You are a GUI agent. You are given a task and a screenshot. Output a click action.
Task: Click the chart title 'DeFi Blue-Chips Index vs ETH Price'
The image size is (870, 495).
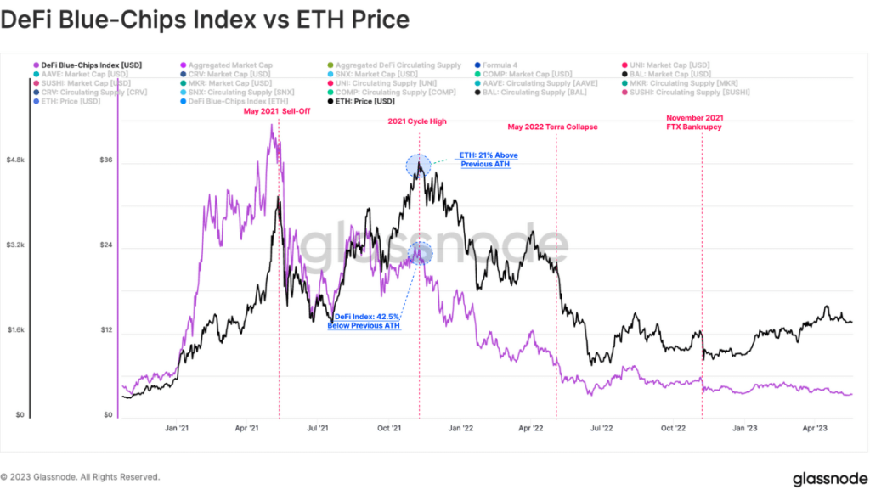[x=205, y=20]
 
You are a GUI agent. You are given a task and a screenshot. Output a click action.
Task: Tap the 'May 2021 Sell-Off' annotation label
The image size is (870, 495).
[x=280, y=111]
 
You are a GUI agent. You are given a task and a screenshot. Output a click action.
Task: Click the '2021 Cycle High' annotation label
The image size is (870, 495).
[x=417, y=122]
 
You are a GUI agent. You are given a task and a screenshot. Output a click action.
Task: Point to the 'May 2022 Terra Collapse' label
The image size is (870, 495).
[x=553, y=127]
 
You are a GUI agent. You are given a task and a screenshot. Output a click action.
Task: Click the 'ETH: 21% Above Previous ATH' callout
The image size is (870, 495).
[x=489, y=160]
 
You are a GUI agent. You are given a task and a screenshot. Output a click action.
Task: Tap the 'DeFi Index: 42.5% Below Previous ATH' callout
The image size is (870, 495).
[x=363, y=321]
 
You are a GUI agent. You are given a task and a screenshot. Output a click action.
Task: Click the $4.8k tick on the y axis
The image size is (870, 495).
[x=16, y=160]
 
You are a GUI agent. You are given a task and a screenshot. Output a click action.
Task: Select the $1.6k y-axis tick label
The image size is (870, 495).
[x=16, y=330]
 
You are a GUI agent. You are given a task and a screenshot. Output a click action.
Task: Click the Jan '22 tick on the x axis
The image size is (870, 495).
[x=461, y=430]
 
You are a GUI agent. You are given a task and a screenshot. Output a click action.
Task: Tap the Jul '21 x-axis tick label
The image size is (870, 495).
[x=318, y=430]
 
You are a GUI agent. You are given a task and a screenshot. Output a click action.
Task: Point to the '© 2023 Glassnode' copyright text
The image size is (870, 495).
[x=80, y=477]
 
